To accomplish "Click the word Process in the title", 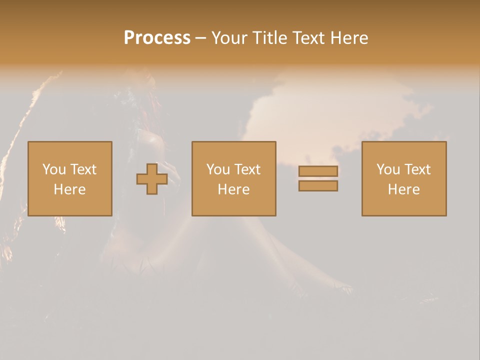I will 157,38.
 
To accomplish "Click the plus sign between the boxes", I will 152,179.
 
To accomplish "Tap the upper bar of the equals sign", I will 318,171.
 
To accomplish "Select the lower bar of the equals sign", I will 318,186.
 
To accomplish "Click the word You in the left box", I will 54,169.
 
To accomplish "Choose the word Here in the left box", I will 69,189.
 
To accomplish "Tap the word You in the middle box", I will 218,169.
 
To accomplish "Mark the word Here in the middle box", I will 233,189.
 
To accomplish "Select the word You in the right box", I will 388,169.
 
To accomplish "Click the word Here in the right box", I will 403,189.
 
